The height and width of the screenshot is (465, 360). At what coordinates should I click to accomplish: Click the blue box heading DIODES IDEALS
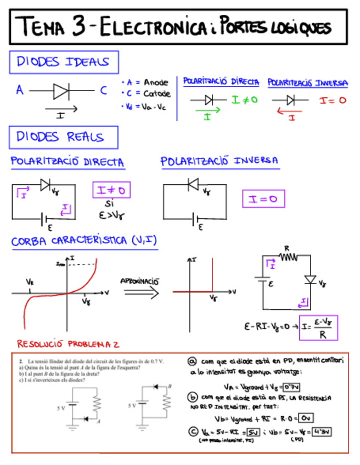[63, 62]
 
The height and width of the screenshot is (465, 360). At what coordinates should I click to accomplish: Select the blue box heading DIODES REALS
[63, 137]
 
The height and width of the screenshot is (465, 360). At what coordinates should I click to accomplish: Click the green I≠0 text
[244, 100]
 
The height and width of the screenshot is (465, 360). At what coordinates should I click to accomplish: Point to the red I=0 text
[333, 100]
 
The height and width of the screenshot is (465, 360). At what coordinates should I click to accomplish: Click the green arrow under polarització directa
[207, 111]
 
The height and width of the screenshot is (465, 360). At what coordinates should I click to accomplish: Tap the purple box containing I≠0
[111, 190]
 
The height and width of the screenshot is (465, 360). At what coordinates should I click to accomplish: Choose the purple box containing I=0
[263, 199]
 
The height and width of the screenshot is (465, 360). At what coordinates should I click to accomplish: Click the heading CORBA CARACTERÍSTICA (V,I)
[84, 241]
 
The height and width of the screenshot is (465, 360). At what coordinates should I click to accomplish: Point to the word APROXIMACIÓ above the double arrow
[139, 281]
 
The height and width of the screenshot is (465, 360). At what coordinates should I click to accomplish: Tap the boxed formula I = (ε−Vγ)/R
[318, 327]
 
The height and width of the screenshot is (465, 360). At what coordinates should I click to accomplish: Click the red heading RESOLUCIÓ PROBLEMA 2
[69, 344]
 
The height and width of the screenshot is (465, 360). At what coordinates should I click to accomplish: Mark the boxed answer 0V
[307, 418]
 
